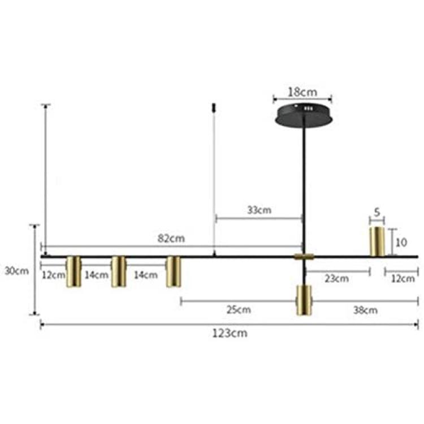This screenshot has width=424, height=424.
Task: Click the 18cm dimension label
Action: click(x=302, y=92)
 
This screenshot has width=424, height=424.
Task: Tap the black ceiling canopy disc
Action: click(x=304, y=115)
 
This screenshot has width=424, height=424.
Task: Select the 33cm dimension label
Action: click(x=259, y=210)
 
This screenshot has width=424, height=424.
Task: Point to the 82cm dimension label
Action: click(x=171, y=239)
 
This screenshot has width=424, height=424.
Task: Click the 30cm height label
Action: click(x=17, y=271)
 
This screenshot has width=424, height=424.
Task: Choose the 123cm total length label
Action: click(x=230, y=333)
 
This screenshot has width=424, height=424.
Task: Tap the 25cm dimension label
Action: click(x=239, y=310)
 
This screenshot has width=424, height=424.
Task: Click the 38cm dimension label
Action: click(x=365, y=310)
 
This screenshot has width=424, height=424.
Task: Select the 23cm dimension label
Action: click(x=337, y=279)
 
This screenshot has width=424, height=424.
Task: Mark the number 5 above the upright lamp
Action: click(x=377, y=212)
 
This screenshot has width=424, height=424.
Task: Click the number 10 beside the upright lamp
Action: click(x=401, y=243)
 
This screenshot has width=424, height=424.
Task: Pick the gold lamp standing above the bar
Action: click(x=377, y=241)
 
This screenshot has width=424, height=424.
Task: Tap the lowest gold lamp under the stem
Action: click(x=304, y=300)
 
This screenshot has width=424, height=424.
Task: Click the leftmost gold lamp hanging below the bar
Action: click(x=73, y=271)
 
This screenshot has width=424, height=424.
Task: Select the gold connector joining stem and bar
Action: click(x=304, y=256)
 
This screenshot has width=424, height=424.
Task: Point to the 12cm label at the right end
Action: click(x=403, y=279)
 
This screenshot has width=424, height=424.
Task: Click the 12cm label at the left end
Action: click(x=53, y=275)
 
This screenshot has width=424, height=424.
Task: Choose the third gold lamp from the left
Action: click(x=174, y=271)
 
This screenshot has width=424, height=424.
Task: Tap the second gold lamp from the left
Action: click(x=119, y=271)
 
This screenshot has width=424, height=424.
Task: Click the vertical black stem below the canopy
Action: click(x=304, y=187)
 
